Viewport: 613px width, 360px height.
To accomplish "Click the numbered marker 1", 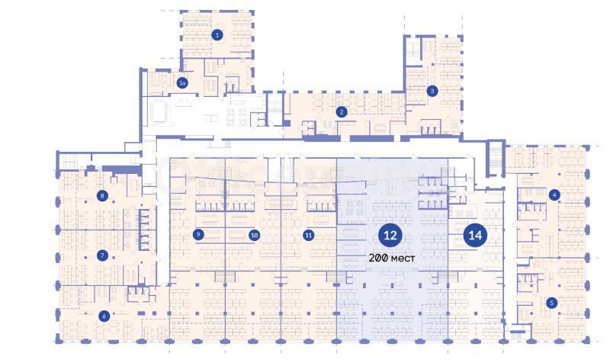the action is (217, 35).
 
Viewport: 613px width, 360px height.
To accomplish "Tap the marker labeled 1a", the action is (182, 83).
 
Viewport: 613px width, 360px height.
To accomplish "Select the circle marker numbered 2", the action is (342, 112).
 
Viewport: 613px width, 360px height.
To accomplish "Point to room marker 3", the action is (432, 91).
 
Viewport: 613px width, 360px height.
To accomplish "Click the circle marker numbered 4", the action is (554, 194).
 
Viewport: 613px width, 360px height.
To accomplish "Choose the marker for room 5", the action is (551, 303).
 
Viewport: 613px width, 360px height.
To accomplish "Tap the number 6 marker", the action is (104, 316).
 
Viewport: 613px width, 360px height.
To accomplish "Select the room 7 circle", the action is (102, 256).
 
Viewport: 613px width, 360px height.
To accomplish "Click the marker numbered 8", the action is (102, 195).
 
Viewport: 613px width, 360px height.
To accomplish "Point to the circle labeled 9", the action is (198, 234).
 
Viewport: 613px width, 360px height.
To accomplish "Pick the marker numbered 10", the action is (254, 235).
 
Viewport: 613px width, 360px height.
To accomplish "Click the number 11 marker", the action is (309, 235).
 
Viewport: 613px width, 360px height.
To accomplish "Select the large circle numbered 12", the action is (390, 236).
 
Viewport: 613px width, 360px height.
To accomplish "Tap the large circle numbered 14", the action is (475, 236).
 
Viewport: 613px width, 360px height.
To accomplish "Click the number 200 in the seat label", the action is (378, 258).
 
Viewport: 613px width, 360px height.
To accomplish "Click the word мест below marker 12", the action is (403, 259).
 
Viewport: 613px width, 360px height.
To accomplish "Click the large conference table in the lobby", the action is (159, 111).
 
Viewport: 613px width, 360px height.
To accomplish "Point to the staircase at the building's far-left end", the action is (69, 160).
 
